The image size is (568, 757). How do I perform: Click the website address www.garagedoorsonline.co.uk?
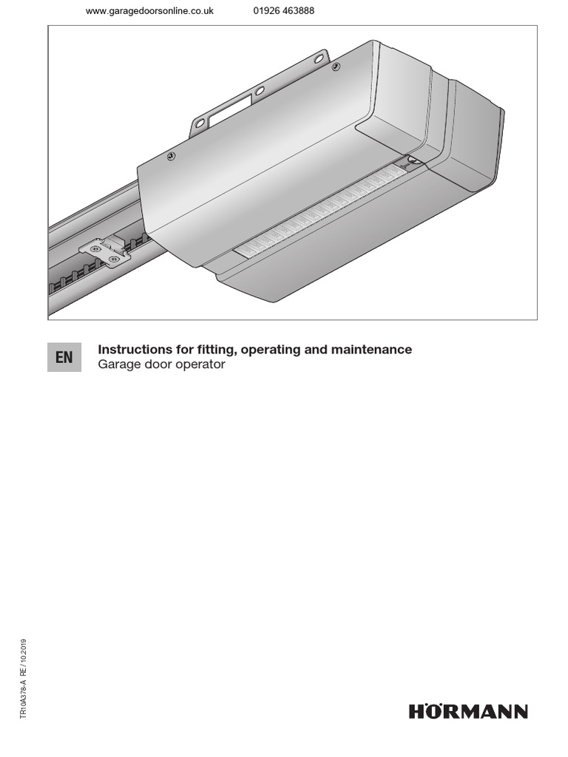[x=149, y=11]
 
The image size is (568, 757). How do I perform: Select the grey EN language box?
[x=64, y=357]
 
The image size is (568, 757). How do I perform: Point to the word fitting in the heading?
[x=206, y=350]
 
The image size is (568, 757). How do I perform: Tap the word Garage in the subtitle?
[x=118, y=365]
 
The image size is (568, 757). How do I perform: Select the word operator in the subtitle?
[x=201, y=365]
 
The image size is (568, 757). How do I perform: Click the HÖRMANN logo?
[x=468, y=712]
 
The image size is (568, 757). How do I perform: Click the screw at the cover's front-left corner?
[x=171, y=156]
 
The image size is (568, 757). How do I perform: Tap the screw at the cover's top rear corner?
[x=337, y=67]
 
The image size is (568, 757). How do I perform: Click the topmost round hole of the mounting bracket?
[x=319, y=58]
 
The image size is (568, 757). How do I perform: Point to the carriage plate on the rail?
[x=103, y=251]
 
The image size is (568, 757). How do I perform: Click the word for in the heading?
[x=176, y=350]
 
